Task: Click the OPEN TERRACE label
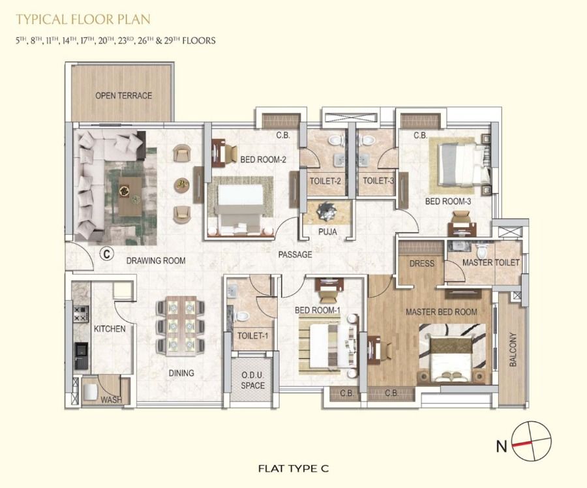pyautogui.click(x=123, y=95)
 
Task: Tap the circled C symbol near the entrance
pyautogui.click(x=107, y=254)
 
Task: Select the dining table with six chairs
pyautogui.click(x=181, y=326)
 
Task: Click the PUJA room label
pyautogui.click(x=327, y=232)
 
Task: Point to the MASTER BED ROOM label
pyautogui.click(x=442, y=312)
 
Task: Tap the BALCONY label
pyautogui.click(x=513, y=350)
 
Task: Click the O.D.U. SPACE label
pyautogui.click(x=252, y=380)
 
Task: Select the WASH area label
pyautogui.click(x=111, y=400)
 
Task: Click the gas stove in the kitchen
pyautogui.click(x=82, y=314)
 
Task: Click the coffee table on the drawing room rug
pyautogui.click(x=130, y=196)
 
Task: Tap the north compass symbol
pyautogui.click(x=531, y=440)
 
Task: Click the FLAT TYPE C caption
pyautogui.click(x=293, y=468)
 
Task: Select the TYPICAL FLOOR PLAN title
pyautogui.click(x=83, y=20)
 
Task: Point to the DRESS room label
pyautogui.click(x=421, y=264)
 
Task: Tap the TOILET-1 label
pyautogui.click(x=252, y=335)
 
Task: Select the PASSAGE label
pyautogui.click(x=295, y=254)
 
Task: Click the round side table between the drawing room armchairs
pyautogui.click(x=182, y=185)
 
